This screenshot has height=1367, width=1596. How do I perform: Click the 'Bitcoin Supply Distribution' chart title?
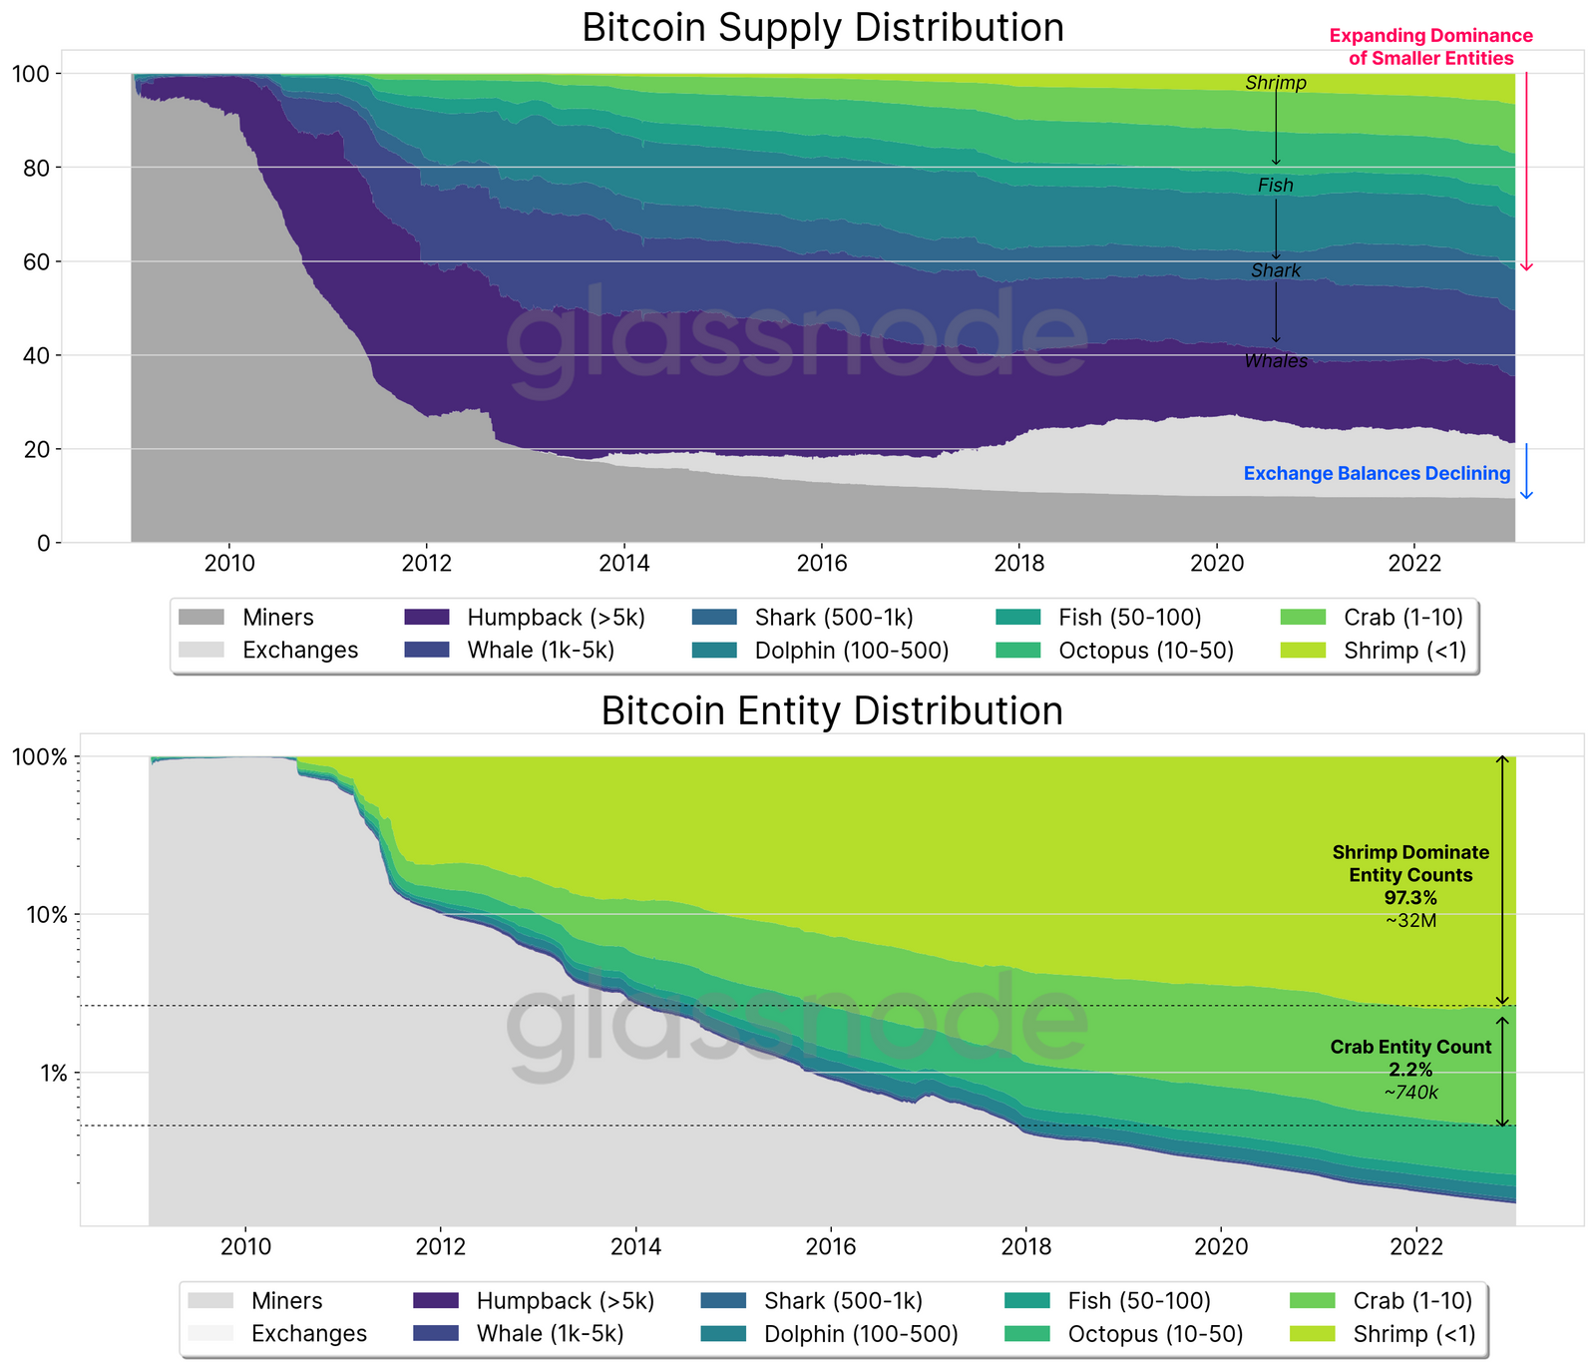coord(823,27)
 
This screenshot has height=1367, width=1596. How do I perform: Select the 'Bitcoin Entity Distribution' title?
coord(832,711)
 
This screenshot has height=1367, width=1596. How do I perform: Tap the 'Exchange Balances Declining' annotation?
coord(1377,474)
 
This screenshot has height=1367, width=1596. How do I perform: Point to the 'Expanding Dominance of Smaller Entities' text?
coord(1430,47)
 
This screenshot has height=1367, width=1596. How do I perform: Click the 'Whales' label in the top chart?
coord(1276,361)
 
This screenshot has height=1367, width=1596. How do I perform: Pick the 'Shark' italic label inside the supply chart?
coord(1276,271)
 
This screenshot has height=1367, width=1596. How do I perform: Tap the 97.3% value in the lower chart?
coord(1410,898)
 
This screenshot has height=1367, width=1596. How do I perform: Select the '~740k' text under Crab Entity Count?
coord(1410,1093)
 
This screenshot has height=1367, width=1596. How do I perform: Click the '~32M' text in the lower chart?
coord(1410,921)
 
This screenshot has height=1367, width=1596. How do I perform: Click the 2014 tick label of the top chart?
coord(624,564)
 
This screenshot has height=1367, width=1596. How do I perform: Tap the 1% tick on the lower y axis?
coord(52,1074)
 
